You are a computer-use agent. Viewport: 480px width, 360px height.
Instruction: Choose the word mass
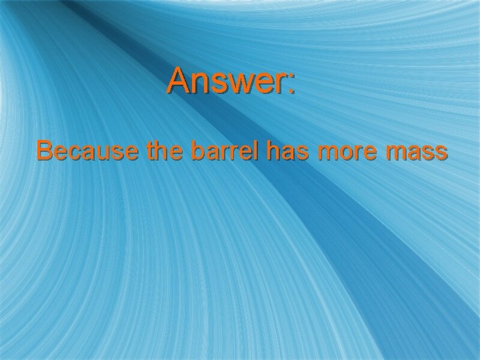click(419, 153)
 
